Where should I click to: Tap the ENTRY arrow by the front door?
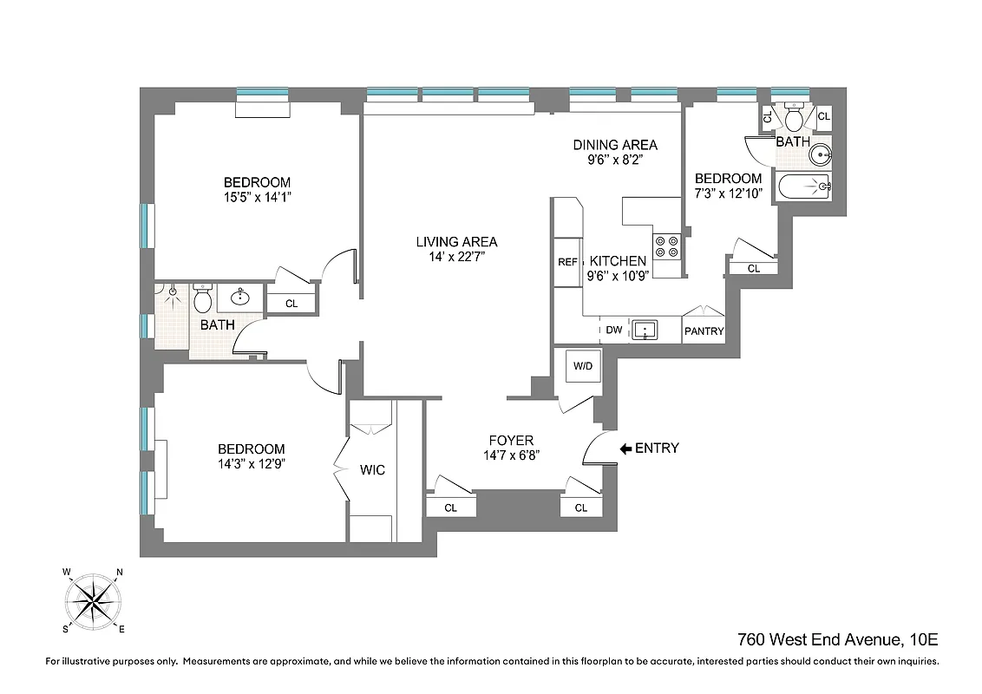625,448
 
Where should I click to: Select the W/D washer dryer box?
581,366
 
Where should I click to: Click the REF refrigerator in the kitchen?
567,261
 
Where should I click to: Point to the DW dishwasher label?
613,330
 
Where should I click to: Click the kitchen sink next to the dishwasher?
645,330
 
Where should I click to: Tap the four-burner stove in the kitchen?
666,246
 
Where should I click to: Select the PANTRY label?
704,331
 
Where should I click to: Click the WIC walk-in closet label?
372,470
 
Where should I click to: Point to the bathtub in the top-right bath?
802,187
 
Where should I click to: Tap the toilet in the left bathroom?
202,300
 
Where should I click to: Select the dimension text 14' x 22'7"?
456,257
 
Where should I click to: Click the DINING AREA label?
615,145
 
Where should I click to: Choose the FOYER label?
511,440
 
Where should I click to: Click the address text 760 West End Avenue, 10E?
837,640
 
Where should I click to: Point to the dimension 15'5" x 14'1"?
257,197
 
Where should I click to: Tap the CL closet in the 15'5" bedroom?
291,304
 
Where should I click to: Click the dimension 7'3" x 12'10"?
728,193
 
